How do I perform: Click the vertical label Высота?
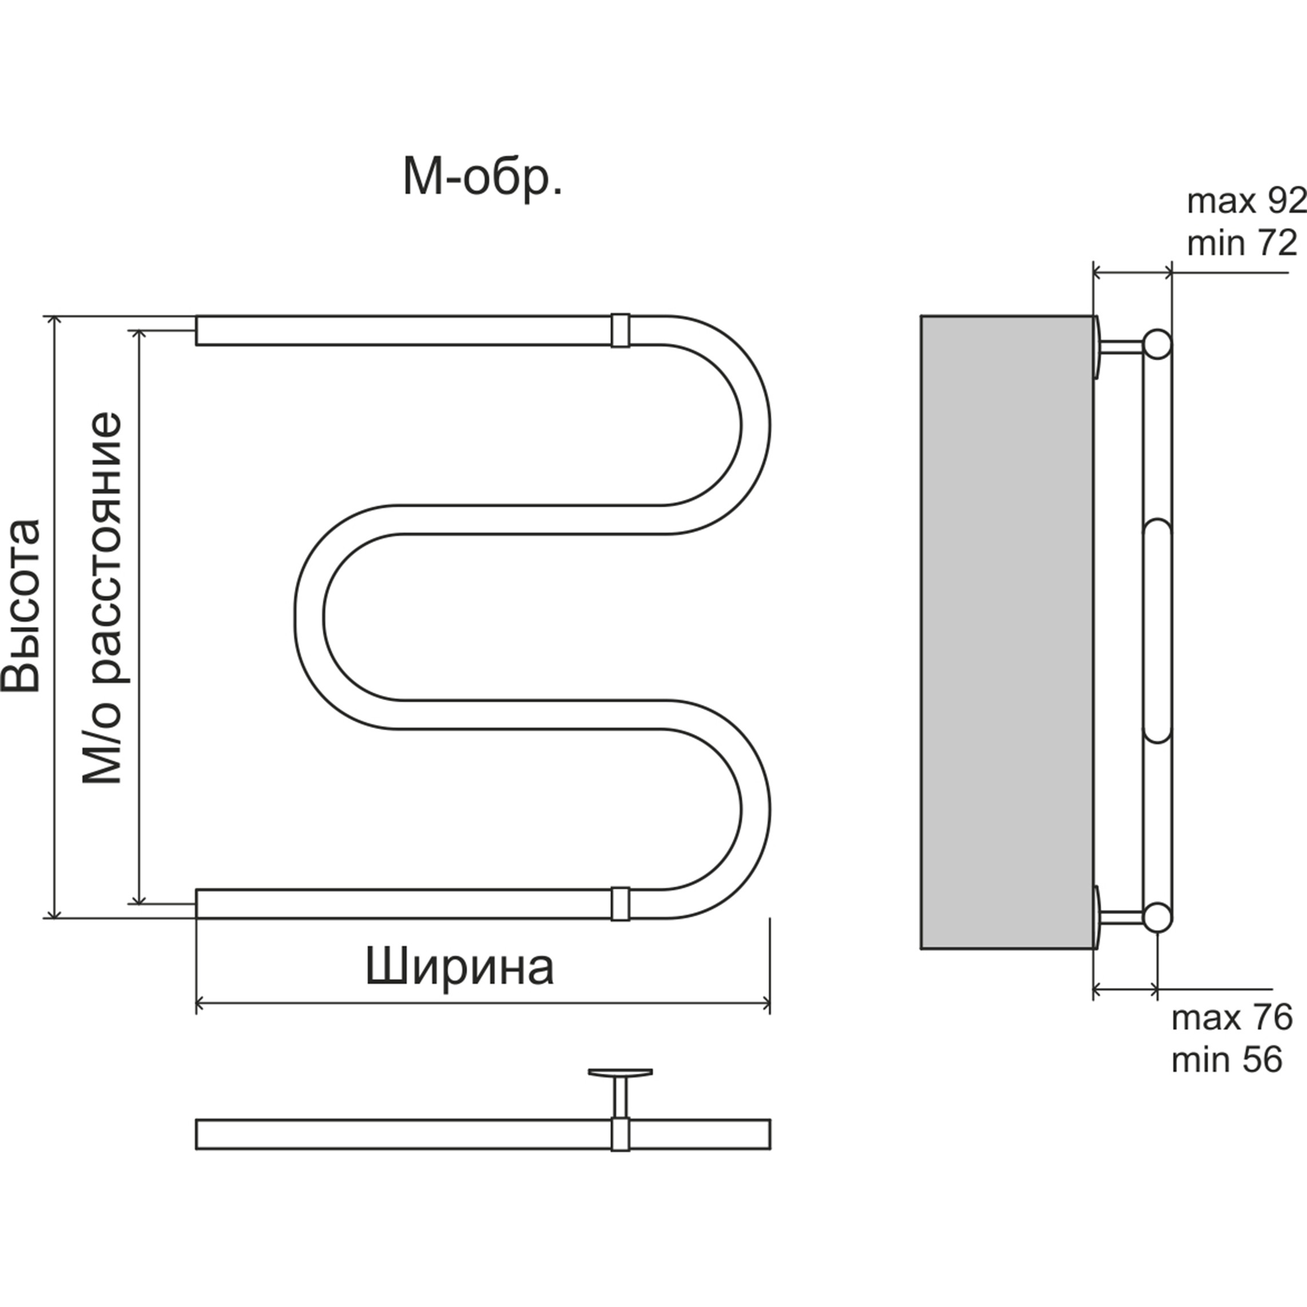click(x=22, y=606)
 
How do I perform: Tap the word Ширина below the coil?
click(x=460, y=968)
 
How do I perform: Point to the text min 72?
click(x=1242, y=244)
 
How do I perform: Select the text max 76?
click(x=1232, y=1018)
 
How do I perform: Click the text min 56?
click(x=1226, y=1059)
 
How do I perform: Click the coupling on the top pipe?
click(x=619, y=330)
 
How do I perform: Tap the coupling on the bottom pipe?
click(x=619, y=904)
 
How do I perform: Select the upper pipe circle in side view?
click(x=1158, y=344)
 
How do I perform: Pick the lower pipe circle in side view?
click(x=1158, y=917)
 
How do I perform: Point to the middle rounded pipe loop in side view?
click(x=1158, y=630)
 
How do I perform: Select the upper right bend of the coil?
click(x=754, y=426)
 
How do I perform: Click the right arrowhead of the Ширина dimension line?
click(x=766, y=1004)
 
